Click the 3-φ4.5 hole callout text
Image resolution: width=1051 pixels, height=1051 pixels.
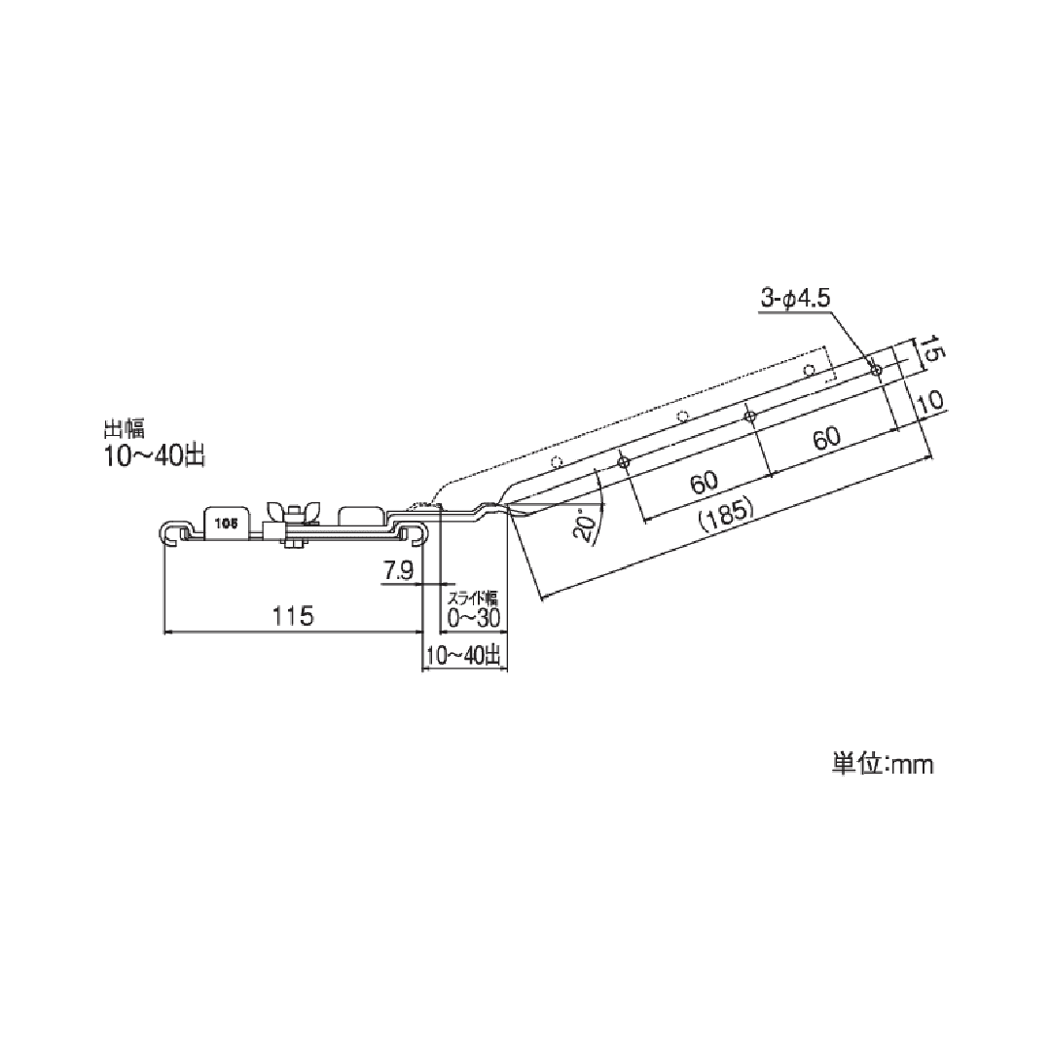coord(796,299)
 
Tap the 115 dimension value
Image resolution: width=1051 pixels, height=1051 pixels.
coord(294,615)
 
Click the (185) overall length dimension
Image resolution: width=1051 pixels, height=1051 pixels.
coord(726,514)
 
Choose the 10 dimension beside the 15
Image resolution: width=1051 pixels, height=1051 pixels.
coord(931,402)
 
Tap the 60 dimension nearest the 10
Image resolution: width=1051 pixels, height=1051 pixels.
coord(826,438)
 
